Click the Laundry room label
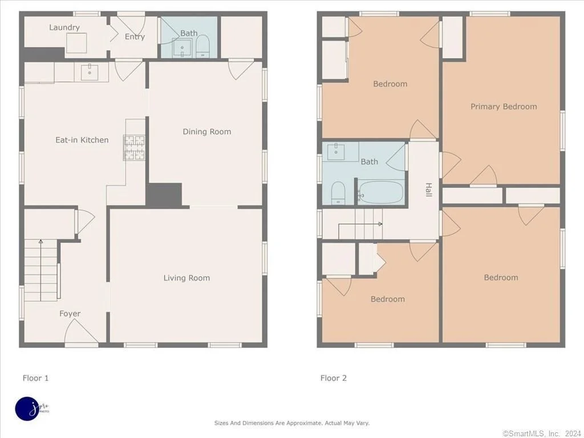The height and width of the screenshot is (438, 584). tap(64, 27)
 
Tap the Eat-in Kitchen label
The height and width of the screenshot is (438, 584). tap(82, 140)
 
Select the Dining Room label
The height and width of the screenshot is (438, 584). tap(206, 132)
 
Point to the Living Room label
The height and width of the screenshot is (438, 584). tap(186, 278)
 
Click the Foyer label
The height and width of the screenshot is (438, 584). tap(70, 314)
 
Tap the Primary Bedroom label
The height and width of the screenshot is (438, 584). tap(504, 107)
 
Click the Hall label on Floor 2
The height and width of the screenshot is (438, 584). tap(429, 189)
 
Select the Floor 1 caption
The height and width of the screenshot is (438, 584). tap(35, 378)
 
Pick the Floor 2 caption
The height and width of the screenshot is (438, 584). tap(333, 378)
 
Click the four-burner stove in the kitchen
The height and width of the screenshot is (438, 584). tap(134, 148)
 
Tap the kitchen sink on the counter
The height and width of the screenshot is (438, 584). tap(90, 71)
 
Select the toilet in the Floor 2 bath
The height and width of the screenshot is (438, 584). tap(338, 193)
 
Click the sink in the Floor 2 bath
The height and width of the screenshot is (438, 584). tap(336, 152)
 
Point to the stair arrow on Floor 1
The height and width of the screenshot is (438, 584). tap(40, 270)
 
